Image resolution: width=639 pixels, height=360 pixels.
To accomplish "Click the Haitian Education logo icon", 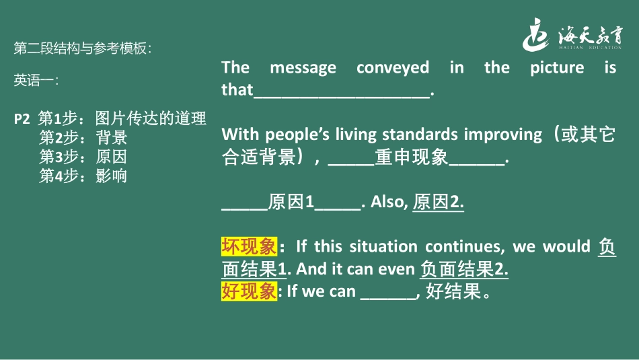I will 538,34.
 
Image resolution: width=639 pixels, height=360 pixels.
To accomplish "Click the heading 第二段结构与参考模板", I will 83,48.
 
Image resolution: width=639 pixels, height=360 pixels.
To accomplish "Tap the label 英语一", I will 35,81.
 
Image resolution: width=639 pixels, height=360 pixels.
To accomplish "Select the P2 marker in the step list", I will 22,119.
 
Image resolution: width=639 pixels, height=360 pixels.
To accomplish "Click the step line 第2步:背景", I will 83,138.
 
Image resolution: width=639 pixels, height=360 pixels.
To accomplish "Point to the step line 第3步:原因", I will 83,157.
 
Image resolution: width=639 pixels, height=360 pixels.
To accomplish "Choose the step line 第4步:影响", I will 83,176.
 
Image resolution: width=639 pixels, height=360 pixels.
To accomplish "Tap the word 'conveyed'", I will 393,67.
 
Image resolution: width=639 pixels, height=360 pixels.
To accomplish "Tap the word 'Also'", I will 387,202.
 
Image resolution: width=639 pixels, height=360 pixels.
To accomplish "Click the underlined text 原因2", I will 438,202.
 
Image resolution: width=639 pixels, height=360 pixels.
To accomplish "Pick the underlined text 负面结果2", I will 463,269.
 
